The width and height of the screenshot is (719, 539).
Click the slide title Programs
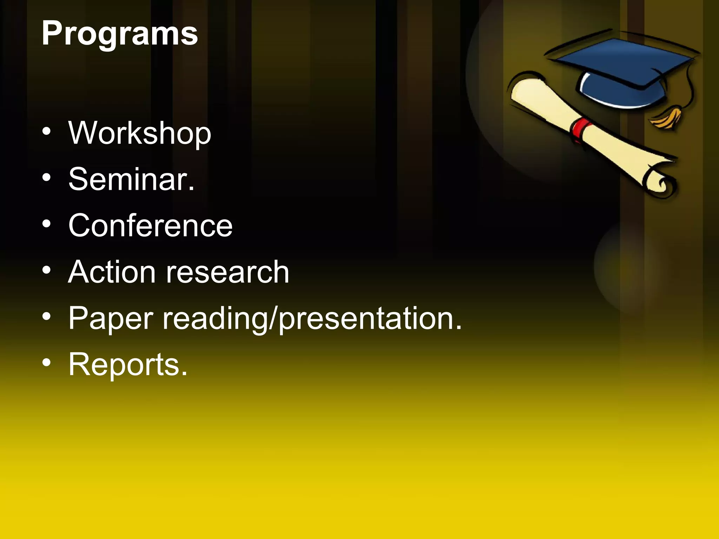tap(120, 34)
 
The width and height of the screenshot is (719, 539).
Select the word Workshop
tap(140, 133)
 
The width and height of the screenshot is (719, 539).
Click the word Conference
tap(150, 226)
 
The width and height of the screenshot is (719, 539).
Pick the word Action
tap(112, 272)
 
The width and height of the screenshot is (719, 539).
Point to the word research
tap(227, 272)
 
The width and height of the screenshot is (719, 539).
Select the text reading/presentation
tap(312, 319)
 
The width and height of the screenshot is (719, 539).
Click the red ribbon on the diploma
tap(581, 130)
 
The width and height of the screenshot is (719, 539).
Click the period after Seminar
tap(191, 190)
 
